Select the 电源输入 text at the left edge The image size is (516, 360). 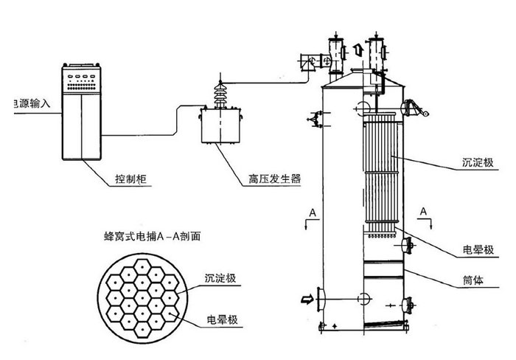[27, 104]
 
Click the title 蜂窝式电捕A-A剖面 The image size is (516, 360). [153, 238]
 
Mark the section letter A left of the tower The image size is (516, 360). [313, 213]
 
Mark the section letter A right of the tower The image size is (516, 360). [425, 212]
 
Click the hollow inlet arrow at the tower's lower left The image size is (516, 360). [306, 299]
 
